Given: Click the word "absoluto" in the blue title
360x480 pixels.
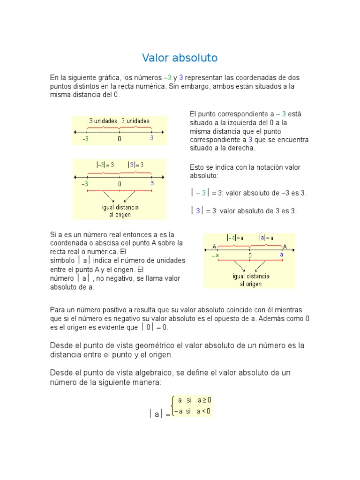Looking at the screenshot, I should [195, 58].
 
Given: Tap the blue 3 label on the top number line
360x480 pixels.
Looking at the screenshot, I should [152, 138].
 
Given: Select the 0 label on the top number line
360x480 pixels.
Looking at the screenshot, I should [120, 139].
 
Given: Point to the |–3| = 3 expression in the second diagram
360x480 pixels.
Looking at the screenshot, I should [105, 165].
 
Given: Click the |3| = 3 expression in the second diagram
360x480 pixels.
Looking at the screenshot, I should [136, 165].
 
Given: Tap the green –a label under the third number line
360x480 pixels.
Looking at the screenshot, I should [215, 256].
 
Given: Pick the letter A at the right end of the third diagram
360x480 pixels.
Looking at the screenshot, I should [285, 247].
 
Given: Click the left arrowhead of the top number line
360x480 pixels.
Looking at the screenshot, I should [74, 132].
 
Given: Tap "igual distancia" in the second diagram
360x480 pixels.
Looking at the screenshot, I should [120, 207].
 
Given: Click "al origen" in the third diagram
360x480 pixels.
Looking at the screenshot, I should [251, 284].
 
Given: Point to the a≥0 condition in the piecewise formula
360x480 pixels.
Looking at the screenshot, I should [204, 400].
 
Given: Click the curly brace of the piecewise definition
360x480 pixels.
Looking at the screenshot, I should [173, 406].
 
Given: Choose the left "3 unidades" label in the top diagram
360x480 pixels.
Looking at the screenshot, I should [103, 121].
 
